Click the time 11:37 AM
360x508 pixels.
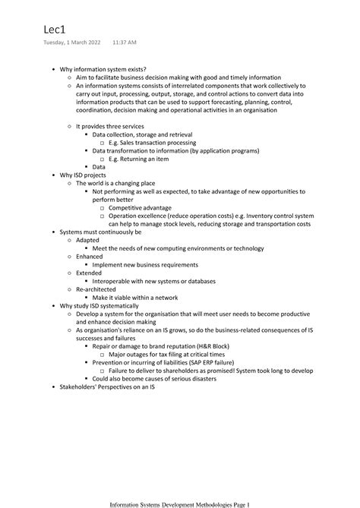point(123,43)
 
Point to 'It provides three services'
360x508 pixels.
point(111,126)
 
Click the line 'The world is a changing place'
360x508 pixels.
point(115,183)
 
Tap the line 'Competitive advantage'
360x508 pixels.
point(140,207)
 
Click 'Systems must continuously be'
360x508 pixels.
point(102,232)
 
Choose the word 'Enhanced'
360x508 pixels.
point(90,256)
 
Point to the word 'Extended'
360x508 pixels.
point(89,273)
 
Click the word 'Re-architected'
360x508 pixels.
point(96,289)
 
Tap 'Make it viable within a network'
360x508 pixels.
point(134,297)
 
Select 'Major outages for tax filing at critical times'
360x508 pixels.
point(166,354)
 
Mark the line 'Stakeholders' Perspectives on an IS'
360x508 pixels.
point(107,387)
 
